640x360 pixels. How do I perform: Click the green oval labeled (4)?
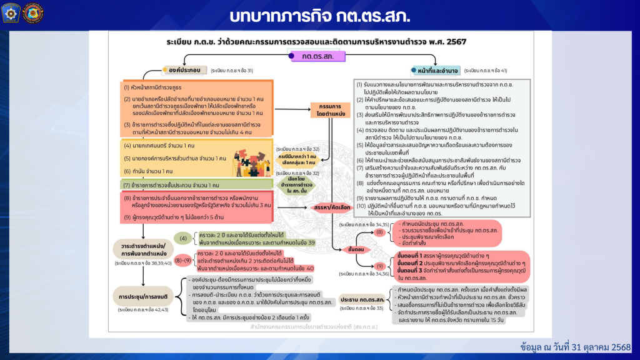click(x=184, y=238)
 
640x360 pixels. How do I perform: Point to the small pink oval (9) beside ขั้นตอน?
click(x=379, y=266)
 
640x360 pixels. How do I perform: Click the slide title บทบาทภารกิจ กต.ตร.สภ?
click(x=319, y=14)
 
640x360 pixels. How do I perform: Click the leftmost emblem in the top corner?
click(x=11, y=12)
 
